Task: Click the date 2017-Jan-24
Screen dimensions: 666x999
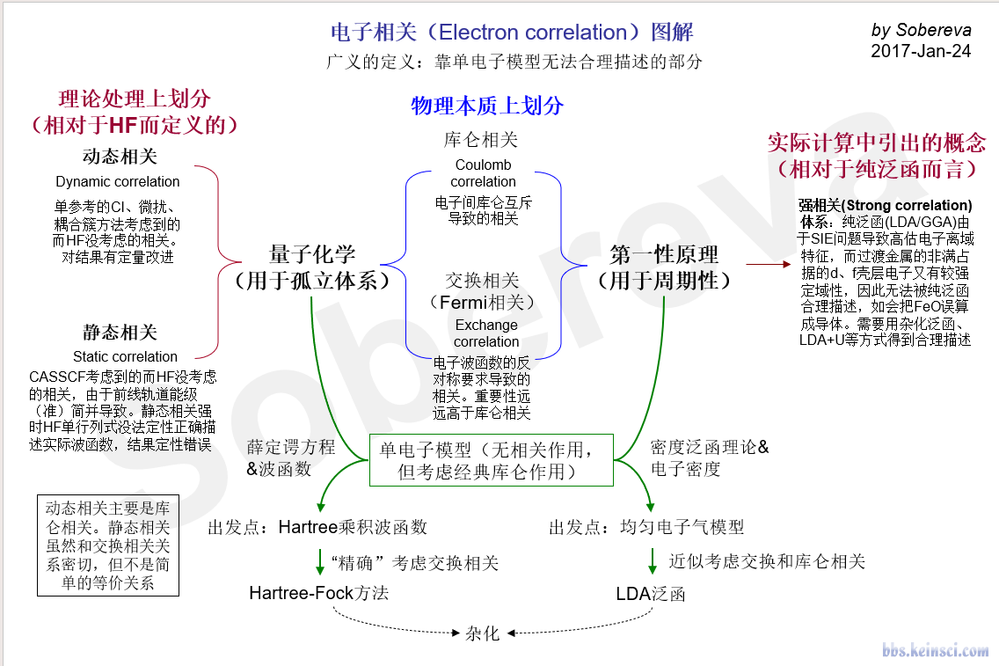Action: point(921,51)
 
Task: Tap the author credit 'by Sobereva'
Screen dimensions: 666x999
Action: point(921,30)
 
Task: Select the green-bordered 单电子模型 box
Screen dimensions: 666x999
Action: point(492,460)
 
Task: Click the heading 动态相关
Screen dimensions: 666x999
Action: point(120,157)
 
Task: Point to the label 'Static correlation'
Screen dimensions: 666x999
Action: point(125,356)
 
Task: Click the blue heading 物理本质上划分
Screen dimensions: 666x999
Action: point(487,106)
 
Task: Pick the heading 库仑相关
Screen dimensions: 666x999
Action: point(481,140)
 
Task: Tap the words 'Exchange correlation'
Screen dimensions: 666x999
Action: point(486,333)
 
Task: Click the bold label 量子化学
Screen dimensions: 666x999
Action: point(312,255)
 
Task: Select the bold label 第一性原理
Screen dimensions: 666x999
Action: point(664,255)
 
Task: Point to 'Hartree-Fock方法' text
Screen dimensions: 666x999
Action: point(318,593)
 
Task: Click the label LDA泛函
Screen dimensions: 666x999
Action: point(651,594)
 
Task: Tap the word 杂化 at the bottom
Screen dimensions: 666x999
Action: point(482,633)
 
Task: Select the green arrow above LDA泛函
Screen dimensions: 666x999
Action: point(653,561)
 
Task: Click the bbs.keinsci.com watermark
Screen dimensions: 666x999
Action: point(936,650)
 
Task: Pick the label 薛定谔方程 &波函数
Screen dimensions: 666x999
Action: point(290,457)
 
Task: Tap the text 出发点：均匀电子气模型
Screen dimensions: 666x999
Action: point(646,527)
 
